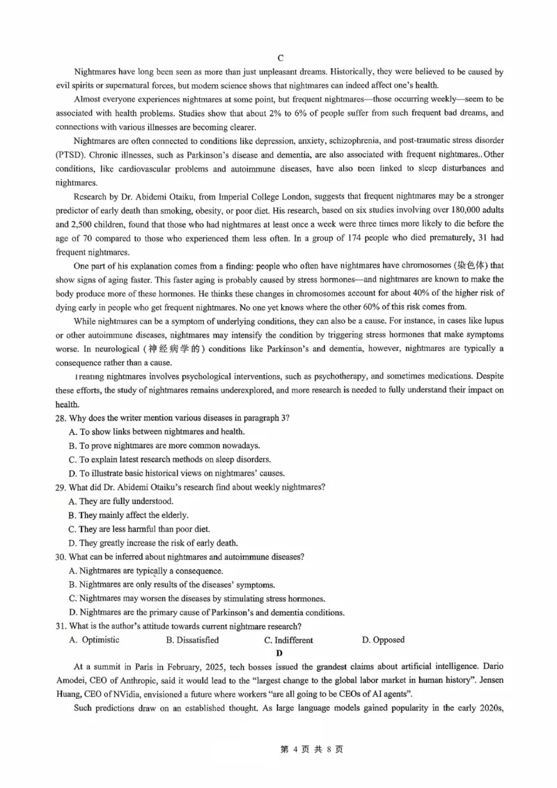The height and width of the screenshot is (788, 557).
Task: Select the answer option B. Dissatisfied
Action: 192,640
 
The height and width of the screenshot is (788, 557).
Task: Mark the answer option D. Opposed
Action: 383,640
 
